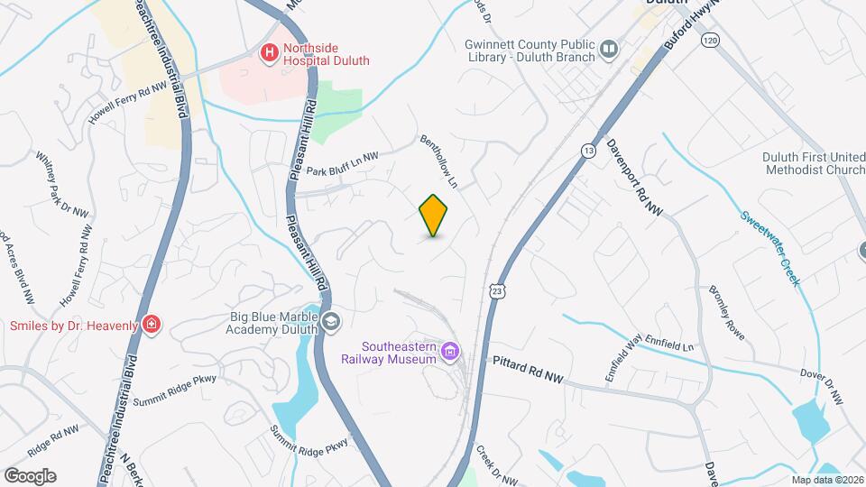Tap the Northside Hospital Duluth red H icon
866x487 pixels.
pyautogui.click(x=268, y=54)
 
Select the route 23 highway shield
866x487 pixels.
pyautogui.click(x=497, y=289)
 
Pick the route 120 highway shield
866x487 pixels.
pyautogui.click(x=711, y=41)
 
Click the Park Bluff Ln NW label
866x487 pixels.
pyautogui.click(x=342, y=163)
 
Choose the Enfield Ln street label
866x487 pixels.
pyautogui.click(x=676, y=346)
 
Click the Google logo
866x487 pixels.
pyautogui.click(x=30, y=475)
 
